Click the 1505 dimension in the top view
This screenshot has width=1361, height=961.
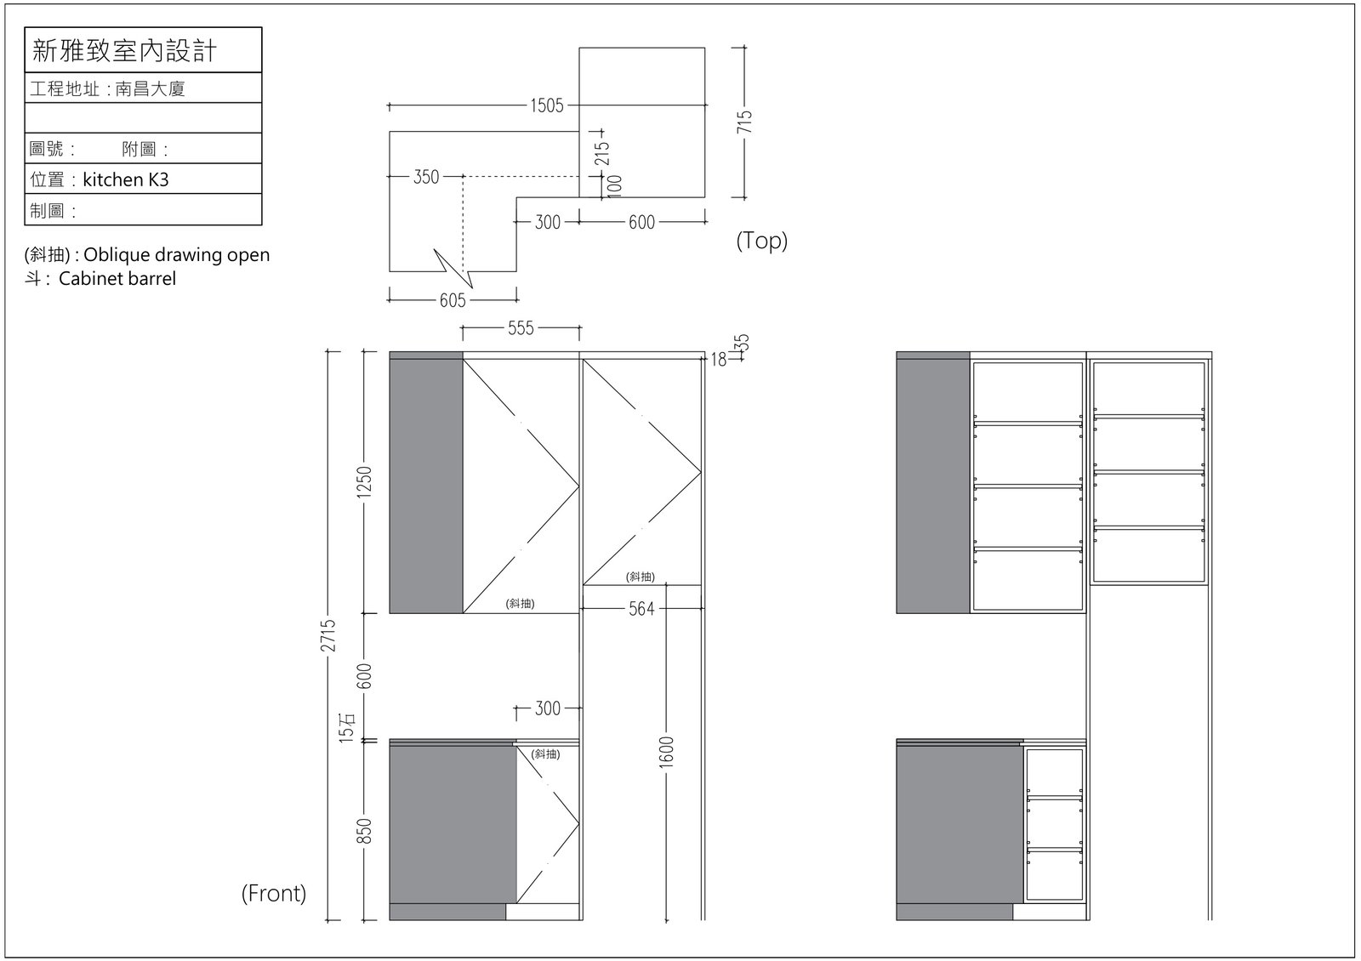(547, 105)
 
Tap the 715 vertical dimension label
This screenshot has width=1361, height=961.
(744, 122)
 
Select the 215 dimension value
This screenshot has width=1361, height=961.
(601, 153)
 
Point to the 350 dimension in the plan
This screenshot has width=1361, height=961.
(426, 177)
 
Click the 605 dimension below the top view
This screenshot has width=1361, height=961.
(453, 300)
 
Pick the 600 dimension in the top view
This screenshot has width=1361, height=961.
(641, 222)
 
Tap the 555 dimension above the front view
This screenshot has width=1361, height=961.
(521, 328)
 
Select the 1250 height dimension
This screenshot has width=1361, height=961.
(363, 481)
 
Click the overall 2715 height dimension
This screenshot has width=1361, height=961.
(328, 635)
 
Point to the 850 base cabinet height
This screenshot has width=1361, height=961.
(363, 831)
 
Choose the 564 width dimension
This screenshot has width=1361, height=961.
(641, 609)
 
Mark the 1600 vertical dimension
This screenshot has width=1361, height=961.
(667, 752)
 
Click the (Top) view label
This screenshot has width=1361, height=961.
(762, 241)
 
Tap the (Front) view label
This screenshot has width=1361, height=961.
(274, 893)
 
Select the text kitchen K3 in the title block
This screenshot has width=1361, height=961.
(126, 179)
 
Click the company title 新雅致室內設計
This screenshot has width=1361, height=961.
(124, 50)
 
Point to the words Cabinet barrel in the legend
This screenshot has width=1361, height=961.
(117, 279)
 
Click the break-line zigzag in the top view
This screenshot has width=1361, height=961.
(453, 268)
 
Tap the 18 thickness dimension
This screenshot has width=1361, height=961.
(719, 360)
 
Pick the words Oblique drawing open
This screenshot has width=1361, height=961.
(177, 254)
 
